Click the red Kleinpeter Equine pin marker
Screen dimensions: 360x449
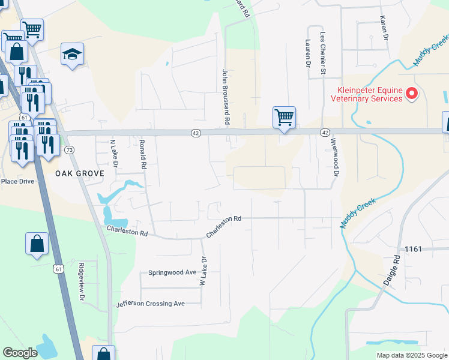(x=412, y=94)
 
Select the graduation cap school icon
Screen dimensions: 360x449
(x=72, y=55)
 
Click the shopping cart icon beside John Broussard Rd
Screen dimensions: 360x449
(x=284, y=116)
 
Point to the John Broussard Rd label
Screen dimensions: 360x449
(x=226, y=97)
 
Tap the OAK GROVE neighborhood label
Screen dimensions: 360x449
(x=80, y=173)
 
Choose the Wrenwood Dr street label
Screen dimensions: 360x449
(x=335, y=158)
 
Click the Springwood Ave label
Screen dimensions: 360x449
(x=172, y=272)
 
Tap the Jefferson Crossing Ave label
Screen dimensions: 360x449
(x=150, y=304)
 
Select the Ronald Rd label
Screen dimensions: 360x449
(x=143, y=154)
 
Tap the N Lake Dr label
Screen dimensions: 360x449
(x=112, y=153)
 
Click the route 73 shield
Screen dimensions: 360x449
(x=70, y=149)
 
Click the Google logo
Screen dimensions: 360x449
(x=20, y=353)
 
